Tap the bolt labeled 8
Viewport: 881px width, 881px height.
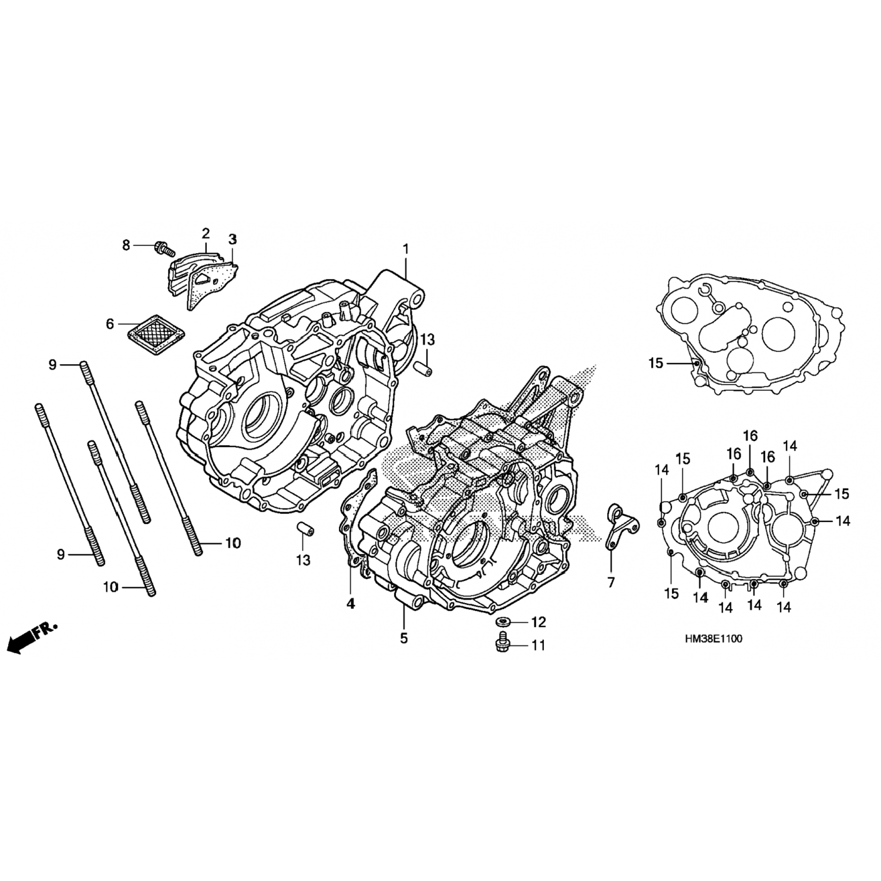[163, 248]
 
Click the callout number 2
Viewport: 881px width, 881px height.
[206, 233]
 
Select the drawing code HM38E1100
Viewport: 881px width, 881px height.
[712, 639]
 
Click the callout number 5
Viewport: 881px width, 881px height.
[404, 638]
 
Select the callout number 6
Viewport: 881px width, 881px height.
[109, 324]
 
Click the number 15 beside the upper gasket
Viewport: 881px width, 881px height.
[655, 364]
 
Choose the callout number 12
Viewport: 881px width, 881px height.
[539, 622]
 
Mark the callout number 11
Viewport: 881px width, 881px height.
[539, 645]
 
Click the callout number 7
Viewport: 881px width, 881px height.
[611, 582]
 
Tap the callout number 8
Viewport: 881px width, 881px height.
[126, 246]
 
